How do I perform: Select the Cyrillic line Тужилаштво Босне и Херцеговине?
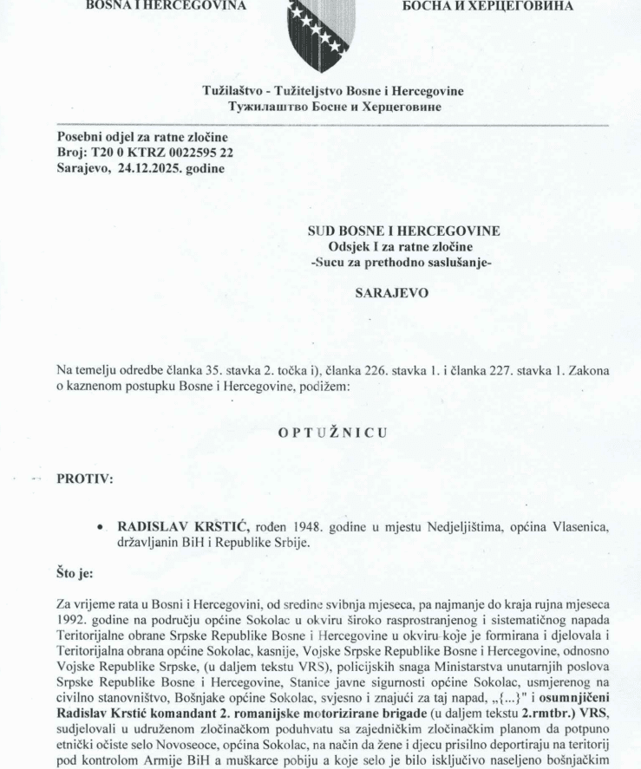point(333,107)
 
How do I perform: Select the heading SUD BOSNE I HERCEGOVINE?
point(404,231)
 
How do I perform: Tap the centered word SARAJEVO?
point(404,294)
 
